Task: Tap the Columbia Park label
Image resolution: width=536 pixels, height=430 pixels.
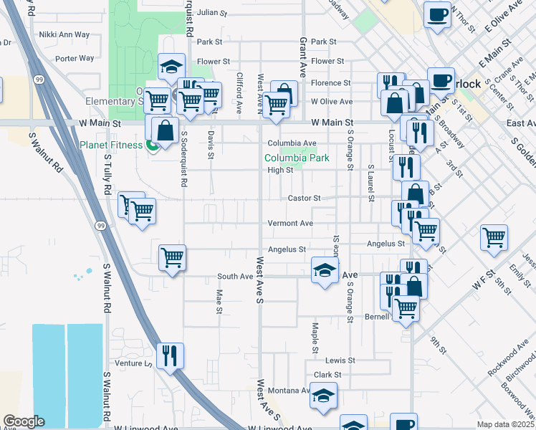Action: click(x=297, y=158)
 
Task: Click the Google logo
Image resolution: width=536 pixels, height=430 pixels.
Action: click(x=24, y=421)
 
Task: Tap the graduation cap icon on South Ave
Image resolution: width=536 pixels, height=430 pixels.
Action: click(x=324, y=271)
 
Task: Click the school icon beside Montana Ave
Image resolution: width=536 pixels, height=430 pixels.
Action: click(x=324, y=396)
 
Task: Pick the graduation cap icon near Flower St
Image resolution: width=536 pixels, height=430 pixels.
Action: click(x=171, y=67)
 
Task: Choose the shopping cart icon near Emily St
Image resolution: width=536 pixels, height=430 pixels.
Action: click(x=494, y=236)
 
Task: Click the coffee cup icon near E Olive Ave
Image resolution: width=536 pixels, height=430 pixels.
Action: click(x=437, y=14)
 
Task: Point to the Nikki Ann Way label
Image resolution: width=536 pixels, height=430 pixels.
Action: click(x=64, y=34)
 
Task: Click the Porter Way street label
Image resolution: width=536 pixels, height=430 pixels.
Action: click(x=75, y=59)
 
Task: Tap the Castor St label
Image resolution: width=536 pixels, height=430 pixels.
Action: click(x=303, y=197)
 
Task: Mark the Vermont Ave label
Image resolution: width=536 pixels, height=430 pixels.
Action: click(x=290, y=224)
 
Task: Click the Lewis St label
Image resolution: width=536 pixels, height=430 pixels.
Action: click(x=340, y=360)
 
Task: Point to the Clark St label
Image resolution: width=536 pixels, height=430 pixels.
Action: click(x=327, y=375)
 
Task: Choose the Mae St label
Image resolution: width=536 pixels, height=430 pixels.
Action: click(x=219, y=300)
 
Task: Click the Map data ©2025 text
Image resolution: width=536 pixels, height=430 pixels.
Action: click(x=506, y=424)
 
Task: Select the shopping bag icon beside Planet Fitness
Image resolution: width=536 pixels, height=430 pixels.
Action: click(x=165, y=130)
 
